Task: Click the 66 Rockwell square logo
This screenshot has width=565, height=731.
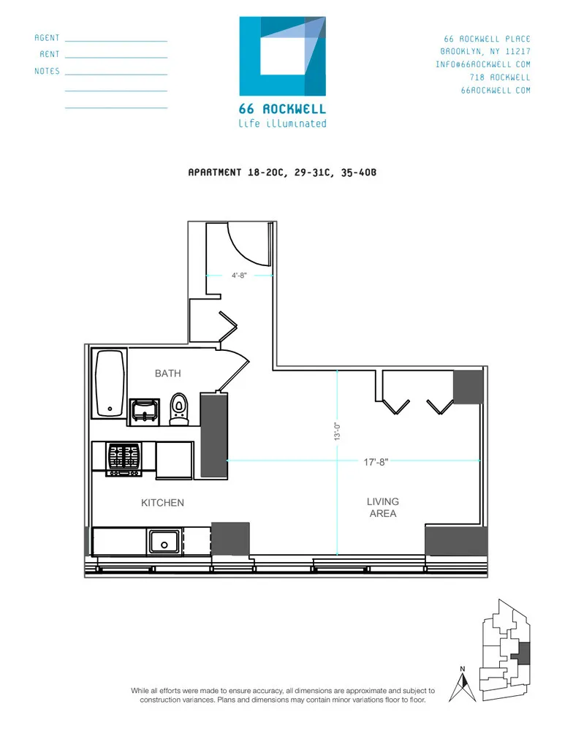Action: [282, 56]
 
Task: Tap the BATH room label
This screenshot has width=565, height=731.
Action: [167, 374]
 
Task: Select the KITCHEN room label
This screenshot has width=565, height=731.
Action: [162, 503]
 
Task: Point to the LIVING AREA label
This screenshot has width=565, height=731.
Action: [382, 507]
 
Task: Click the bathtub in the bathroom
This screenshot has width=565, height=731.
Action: [110, 384]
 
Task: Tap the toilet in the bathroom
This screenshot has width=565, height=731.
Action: [180, 409]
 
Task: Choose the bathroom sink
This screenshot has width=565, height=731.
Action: [145, 411]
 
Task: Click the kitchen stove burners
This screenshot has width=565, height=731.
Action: [124, 458]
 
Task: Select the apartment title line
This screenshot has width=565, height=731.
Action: [281, 173]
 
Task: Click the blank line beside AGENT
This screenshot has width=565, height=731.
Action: [116, 41]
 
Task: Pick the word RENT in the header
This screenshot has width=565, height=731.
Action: [50, 55]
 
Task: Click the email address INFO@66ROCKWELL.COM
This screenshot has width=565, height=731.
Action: [483, 64]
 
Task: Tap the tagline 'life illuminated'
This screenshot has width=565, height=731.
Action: [282, 124]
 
